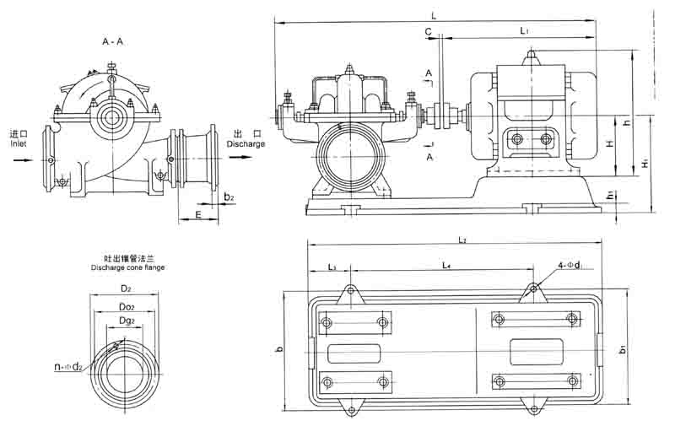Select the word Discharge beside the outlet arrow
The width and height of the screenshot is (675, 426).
point(246,144)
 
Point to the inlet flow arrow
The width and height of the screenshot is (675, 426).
point(19,158)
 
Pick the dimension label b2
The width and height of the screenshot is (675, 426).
point(229,197)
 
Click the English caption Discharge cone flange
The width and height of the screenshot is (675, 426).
point(127,267)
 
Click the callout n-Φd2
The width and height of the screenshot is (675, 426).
point(68,366)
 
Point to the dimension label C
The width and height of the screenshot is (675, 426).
point(429,31)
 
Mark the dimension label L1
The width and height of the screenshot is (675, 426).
point(525,31)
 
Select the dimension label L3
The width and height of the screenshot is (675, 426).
point(331,267)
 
